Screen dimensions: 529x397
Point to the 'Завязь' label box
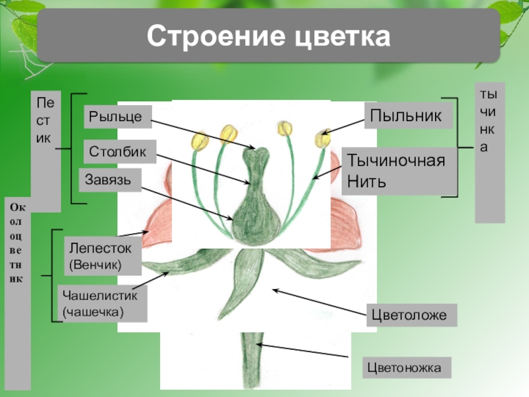[x=110, y=179]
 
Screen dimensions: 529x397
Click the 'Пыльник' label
[x=405, y=116]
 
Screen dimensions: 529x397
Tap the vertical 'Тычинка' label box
[x=490, y=152]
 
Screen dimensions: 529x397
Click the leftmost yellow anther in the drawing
[x=199, y=140]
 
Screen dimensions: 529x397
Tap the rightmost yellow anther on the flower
[x=323, y=138]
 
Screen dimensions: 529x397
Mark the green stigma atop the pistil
[x=255, y=154]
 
